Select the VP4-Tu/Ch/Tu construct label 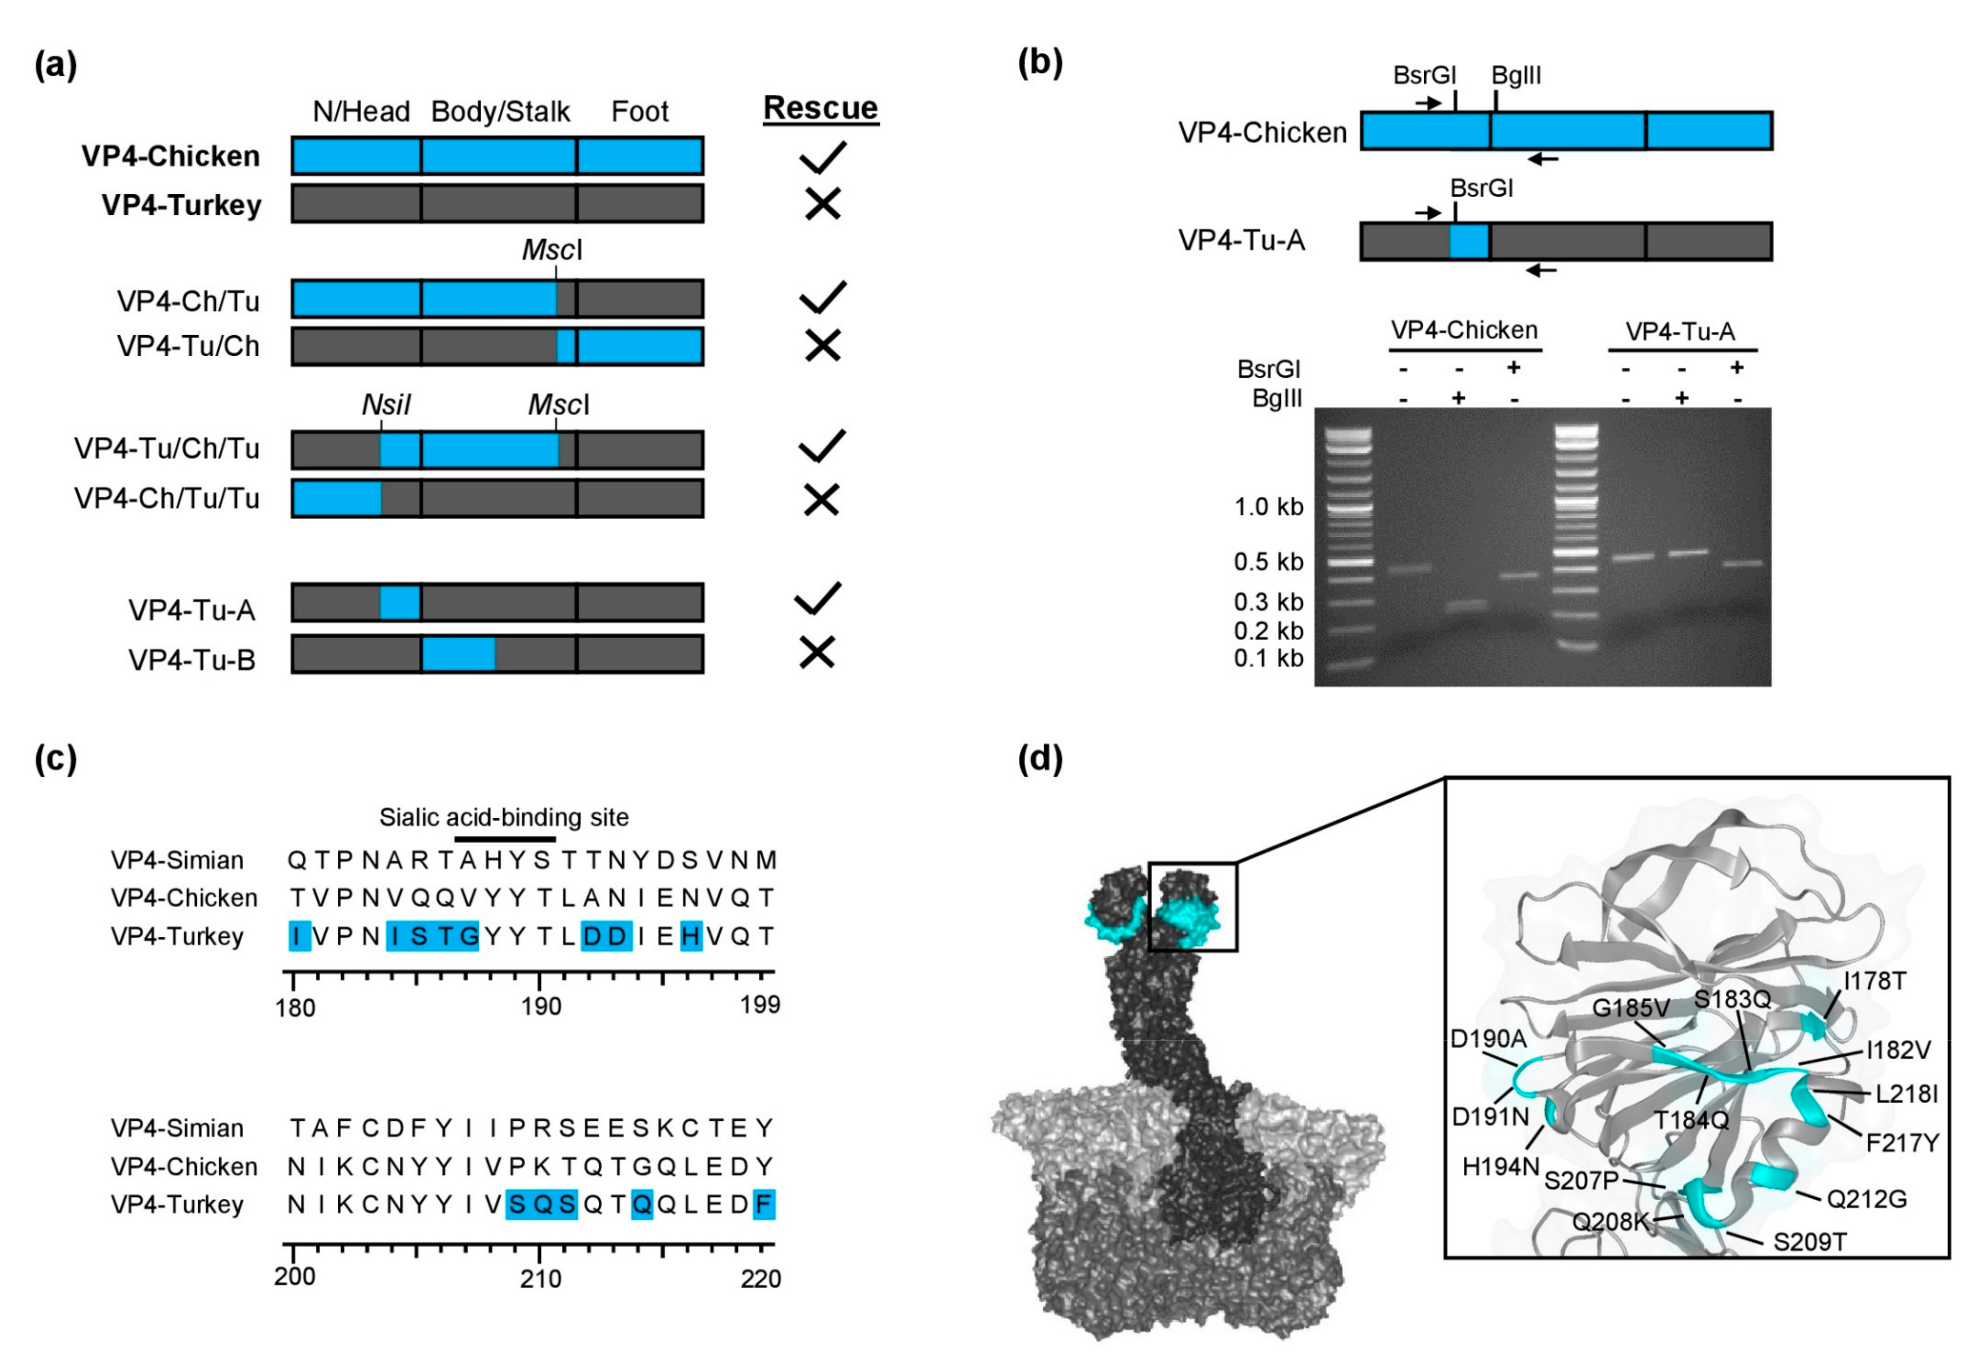click(x=167, y=449)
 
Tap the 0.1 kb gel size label click(x=1268, y=658)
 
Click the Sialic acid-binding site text click(x=503, y=818)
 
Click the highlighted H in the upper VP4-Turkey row click(x=691, y=937)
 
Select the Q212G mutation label click(x=1866, y=1199)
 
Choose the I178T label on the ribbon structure click(x=1874, y=981)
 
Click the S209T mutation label click(x=1810, y=1242)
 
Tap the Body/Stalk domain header click(x=500, y=112)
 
